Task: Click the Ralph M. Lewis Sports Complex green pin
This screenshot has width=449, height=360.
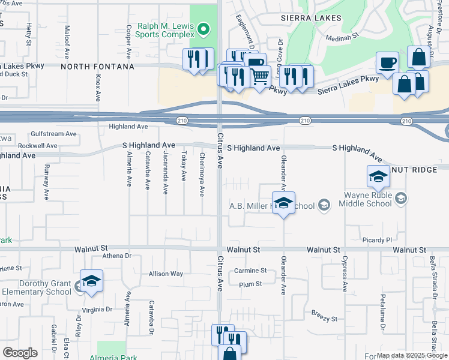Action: (x=203, y=29)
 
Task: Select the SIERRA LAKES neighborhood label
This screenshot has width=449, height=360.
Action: (x=310, y=19)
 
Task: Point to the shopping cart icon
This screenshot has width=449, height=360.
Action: (x=259, y=76)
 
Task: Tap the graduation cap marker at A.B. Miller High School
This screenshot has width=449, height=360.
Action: (x=284, y=203)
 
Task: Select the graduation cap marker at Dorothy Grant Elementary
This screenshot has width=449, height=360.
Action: (x=91, y=281)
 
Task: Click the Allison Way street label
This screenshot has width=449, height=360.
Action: (x=166, y=274)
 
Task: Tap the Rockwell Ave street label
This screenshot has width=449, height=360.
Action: (x=37, y=146)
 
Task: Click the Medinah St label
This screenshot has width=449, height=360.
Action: (x=342, y=37)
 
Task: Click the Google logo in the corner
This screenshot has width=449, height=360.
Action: (x=20, y=353)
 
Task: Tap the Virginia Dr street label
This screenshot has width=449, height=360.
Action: (x=97, y=310)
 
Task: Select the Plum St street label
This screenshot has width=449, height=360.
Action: (x=250, y=284)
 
